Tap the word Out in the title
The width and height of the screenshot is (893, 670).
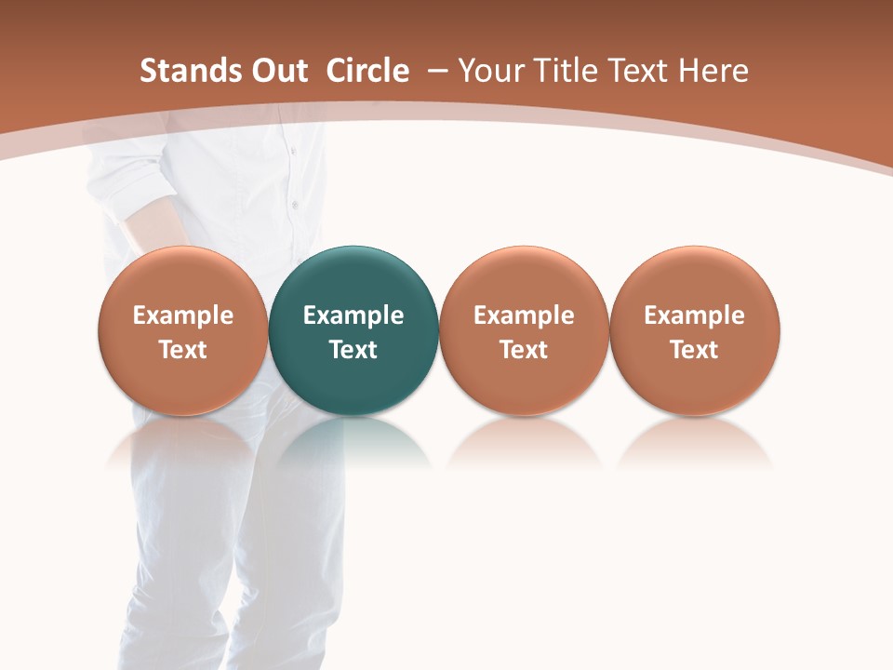click(x=277, y=71)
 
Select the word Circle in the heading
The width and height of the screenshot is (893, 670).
click(x=367, y=71)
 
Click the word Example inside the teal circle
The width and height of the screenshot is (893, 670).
click(x=353, y=315)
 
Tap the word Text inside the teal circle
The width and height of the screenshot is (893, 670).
click(x=353, y=350)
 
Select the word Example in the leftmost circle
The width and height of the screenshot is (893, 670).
click(x=182, y=315)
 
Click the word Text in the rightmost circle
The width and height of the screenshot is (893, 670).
click(x=695, y=350)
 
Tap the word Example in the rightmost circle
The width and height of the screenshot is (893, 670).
click(x=695, y=315)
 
